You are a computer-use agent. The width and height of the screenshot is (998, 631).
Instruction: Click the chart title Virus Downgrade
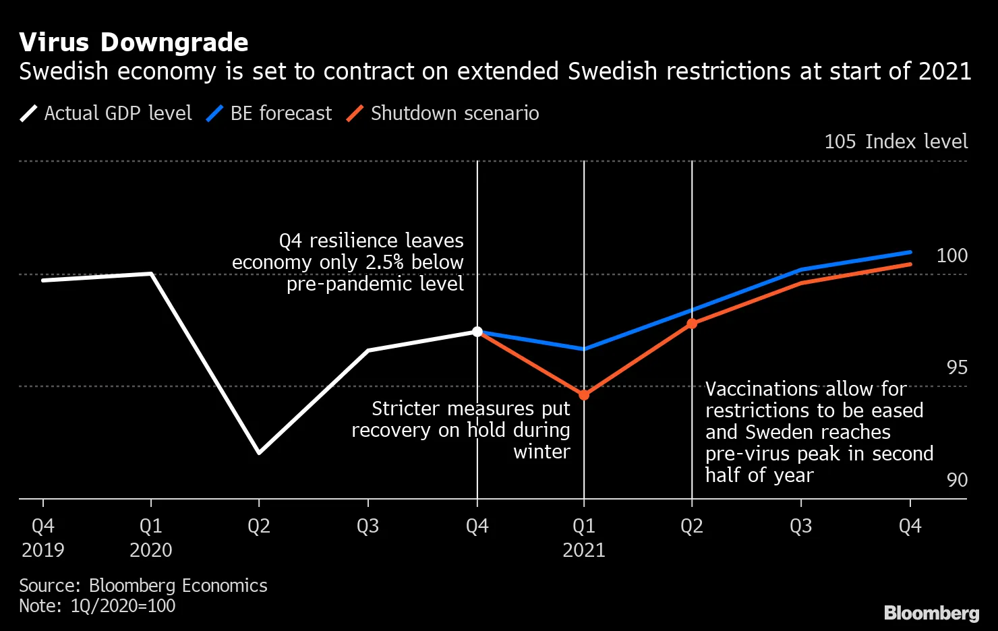134,42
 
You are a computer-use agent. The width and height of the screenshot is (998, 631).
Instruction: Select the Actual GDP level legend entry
106,113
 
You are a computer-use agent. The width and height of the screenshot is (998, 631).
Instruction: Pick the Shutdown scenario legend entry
443,113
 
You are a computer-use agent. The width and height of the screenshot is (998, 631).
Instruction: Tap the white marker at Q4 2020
477,332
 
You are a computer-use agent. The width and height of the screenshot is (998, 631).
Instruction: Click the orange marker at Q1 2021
584,395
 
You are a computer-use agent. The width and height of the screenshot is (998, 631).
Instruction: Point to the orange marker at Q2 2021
692,324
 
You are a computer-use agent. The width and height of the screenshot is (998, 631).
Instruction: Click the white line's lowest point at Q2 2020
259,452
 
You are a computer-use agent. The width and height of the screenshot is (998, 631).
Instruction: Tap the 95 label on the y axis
957,367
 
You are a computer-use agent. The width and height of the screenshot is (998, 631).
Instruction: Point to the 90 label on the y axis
957,480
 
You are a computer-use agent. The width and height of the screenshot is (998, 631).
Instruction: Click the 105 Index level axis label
896,142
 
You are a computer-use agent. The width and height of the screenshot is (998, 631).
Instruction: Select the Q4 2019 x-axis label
43,537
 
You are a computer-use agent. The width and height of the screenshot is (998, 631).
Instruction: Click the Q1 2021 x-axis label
584,537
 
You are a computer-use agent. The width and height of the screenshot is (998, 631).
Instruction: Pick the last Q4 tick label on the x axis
910,526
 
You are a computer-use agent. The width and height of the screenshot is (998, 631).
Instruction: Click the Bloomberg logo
931,613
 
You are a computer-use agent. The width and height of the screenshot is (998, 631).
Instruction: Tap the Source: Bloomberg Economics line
143,585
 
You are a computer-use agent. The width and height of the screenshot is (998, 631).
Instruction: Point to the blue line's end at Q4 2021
910,252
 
